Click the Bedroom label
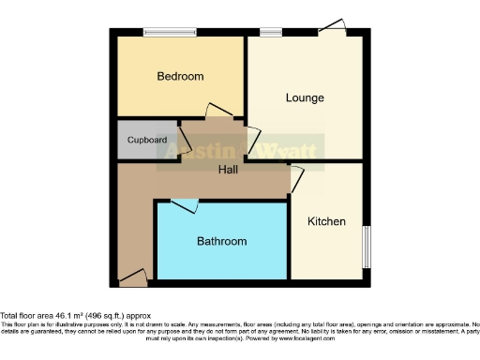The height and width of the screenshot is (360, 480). coord(180,77)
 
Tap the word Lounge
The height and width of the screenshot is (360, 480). coord(305,97)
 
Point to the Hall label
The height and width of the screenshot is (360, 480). coord(228,170)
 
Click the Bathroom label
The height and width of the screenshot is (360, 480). coord(221,241)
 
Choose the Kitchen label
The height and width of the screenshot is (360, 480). coord(327,222)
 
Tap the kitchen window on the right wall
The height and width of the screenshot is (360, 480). coord(366,247)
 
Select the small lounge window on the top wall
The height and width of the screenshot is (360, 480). coord(271,33)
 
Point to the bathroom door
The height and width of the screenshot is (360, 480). coord(184,204)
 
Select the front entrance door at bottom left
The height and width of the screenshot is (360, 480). coord(133,277)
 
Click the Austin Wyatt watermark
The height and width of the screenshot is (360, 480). coord(240,150)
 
